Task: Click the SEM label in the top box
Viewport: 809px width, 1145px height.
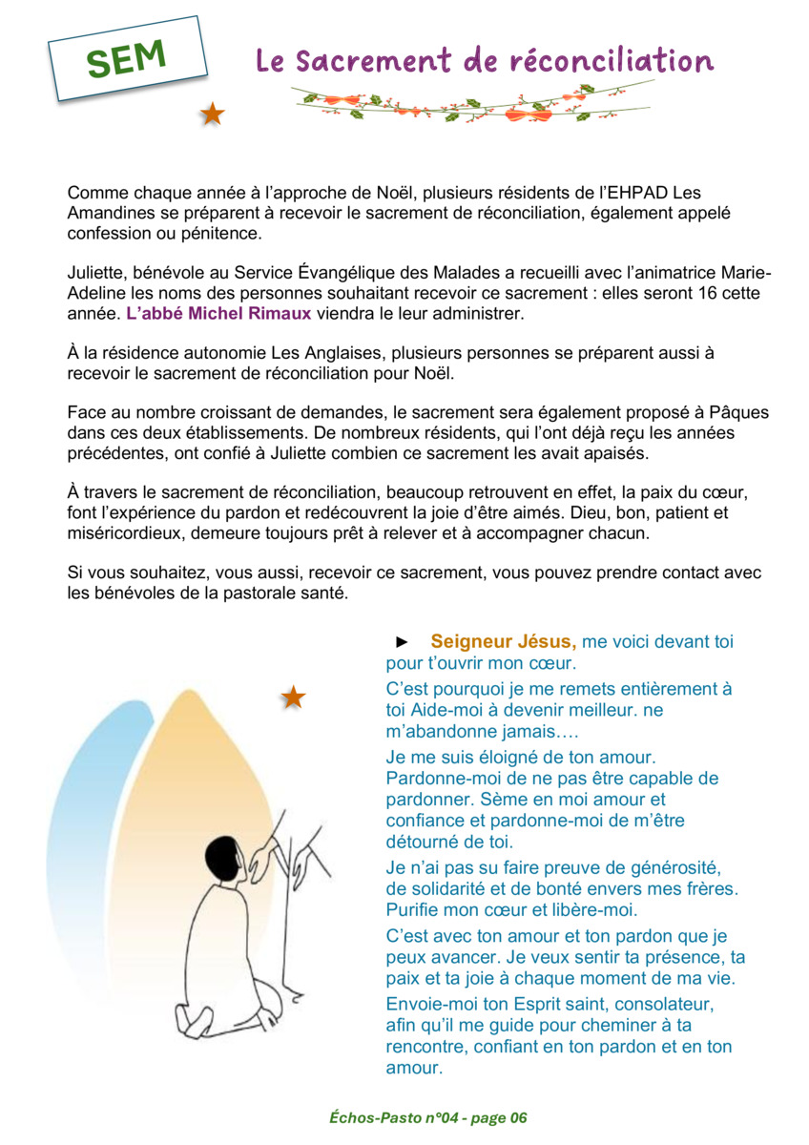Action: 127,59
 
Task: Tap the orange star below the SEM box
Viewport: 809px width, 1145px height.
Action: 212,115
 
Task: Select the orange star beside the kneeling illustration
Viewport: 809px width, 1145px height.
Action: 293,697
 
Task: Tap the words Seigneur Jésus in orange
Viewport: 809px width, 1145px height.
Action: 503,642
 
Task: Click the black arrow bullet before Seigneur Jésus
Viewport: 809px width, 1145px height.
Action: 403,642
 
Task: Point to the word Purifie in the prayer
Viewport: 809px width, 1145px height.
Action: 416,909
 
